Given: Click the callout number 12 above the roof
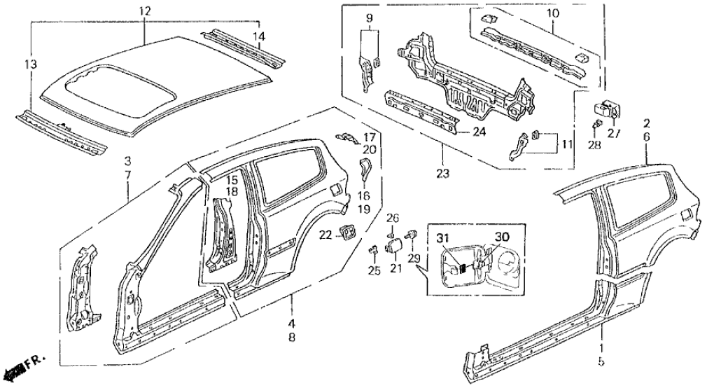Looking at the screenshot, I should coord(144,11).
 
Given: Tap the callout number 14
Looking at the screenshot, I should coord(259,36).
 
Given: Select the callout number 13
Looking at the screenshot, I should coord(29,65).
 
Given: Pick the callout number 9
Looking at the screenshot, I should coord(370,16).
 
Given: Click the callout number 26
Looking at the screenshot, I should coord(393,217).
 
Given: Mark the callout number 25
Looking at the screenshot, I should coord(374,271).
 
